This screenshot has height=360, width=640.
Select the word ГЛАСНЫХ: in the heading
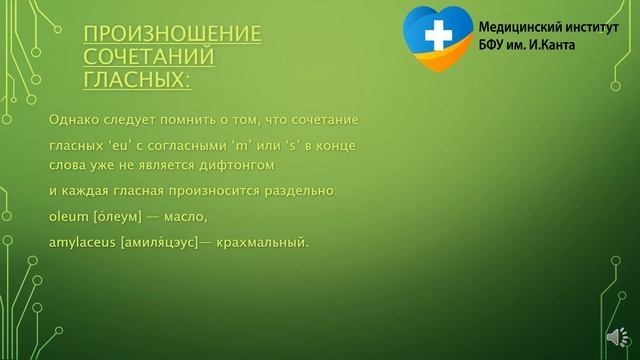click(137, 79)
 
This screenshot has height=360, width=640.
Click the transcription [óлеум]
click(122, 215)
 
